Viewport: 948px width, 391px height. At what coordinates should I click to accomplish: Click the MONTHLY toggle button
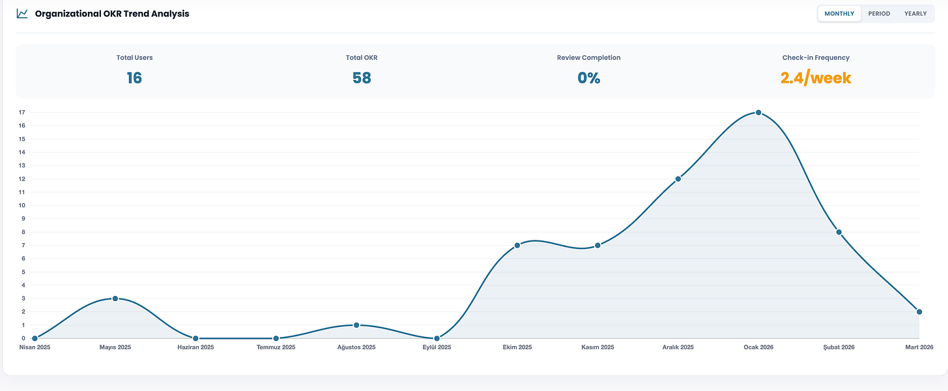pos(839,14)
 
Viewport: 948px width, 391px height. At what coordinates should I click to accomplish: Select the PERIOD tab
pos(879,14)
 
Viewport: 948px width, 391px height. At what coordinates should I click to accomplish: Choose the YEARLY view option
pos(915,14)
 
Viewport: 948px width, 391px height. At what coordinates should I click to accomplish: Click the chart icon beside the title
pos(22,14)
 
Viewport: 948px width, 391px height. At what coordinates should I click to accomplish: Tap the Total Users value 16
pos(134,78)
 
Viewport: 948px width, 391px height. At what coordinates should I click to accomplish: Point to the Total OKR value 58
pos(362,78)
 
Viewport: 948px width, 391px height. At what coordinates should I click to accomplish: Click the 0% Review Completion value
pos(589,78)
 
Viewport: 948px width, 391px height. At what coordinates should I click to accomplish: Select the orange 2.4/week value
pos(816,78)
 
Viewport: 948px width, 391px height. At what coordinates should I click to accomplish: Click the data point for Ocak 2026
pos(758,113)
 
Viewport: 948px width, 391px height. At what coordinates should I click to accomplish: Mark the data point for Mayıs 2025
pos(115,298)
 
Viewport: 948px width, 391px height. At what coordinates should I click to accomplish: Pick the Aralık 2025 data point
pos(678,179)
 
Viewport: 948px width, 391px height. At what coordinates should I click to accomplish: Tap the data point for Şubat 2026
pos(839,232)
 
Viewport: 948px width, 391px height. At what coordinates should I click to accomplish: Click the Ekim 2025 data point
pos(517,246)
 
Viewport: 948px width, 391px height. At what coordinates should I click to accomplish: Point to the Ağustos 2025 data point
pos(356,325)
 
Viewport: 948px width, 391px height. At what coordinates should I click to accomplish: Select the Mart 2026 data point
pos(919,312)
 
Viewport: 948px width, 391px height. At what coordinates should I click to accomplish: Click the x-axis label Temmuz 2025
pos(276,347)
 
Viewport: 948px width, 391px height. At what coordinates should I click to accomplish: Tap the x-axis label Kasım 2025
pos(597,347)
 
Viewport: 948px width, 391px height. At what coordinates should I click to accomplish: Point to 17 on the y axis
pos(22,112)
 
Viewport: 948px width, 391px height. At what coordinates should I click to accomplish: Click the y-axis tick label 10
pos(22,205)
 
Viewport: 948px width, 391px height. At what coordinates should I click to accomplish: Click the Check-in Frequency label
pos(816,57)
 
